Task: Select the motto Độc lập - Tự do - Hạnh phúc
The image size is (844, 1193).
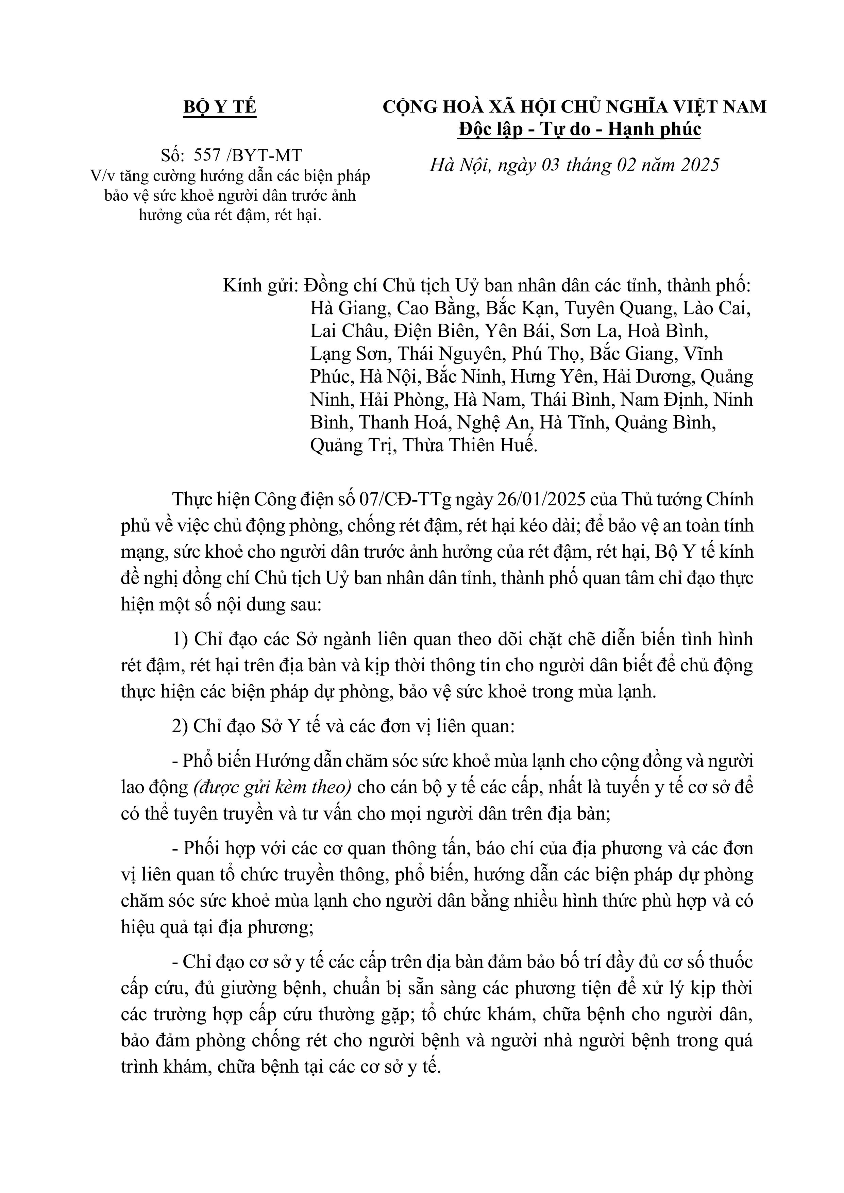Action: coord(579,129)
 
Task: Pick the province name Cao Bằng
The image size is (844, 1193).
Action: coord(437,309)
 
